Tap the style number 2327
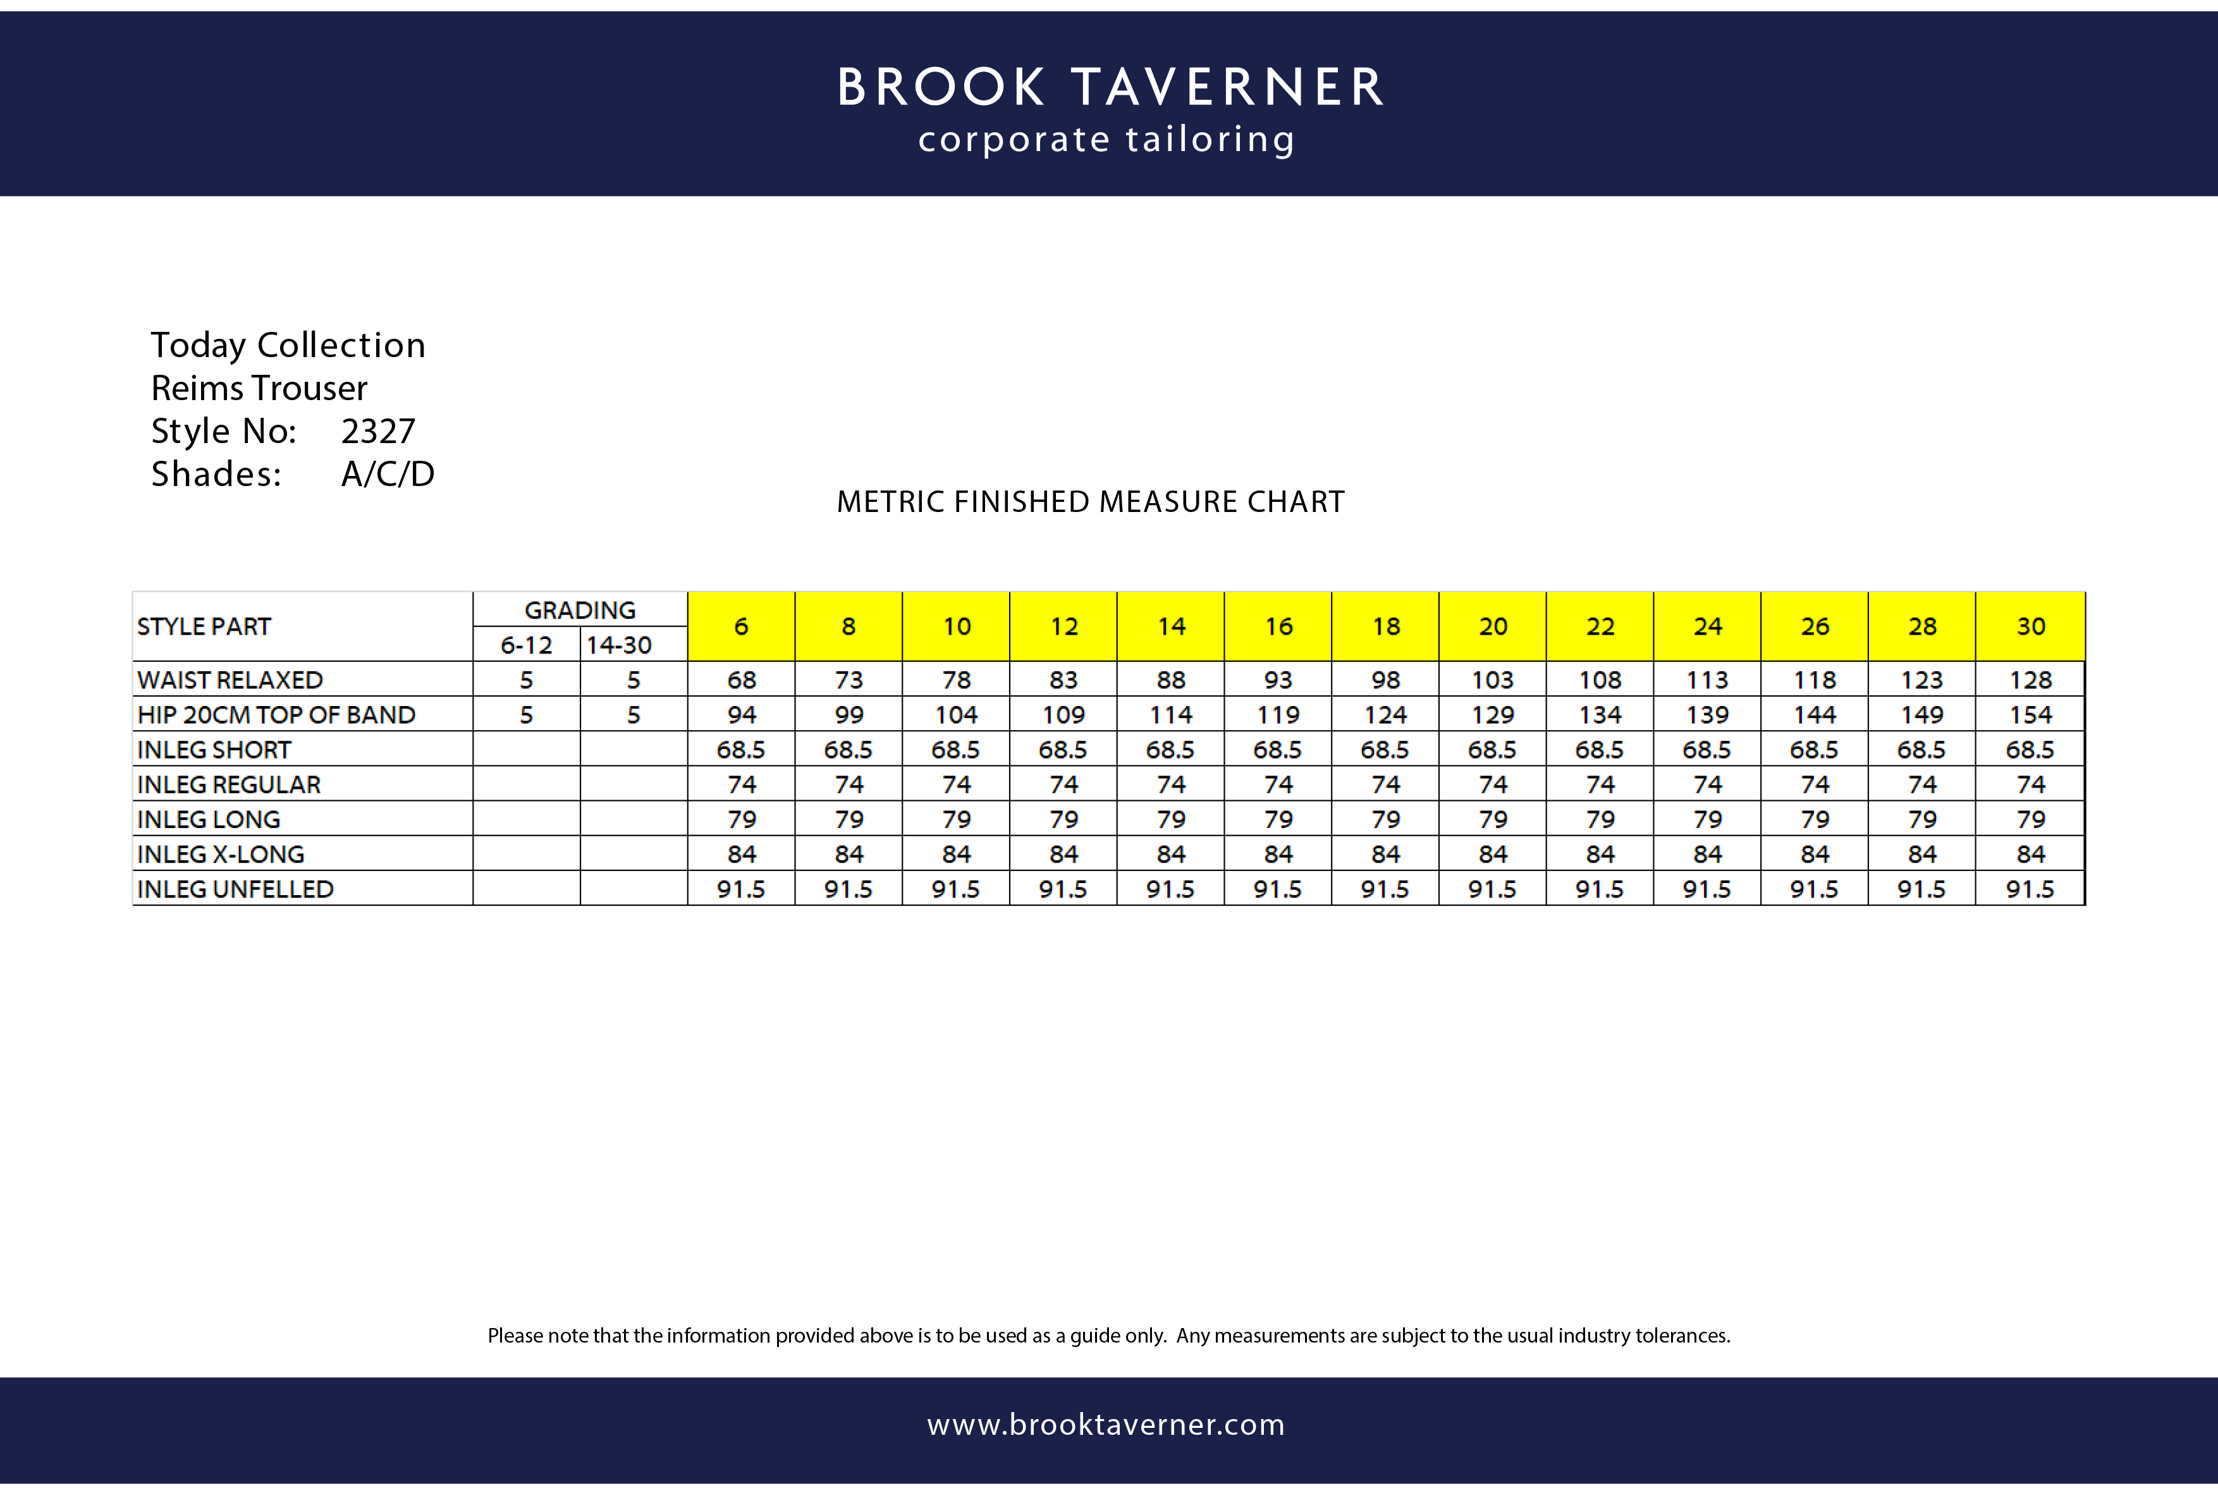(x=378, y=431)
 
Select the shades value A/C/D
(x=388, y=474)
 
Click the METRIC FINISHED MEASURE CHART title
(x=1091, y=502)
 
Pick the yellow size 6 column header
(x=741, y=626)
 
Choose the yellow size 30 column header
(x=2030, y=626)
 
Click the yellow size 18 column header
(x=1386, y=626)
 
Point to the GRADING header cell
(x=580, y=609)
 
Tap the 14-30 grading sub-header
(x=619, y=645)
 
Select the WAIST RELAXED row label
(x=231, y=680)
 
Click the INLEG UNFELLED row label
(x=235, y=889)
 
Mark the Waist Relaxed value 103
(x=1492, y=680)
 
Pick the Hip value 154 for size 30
(x=2030, y=715)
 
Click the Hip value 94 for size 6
(x=741, y=715)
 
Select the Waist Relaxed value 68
(x=741, y=680)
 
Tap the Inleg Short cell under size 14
(x=1170, y=750)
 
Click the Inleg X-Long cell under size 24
(x=1708, y=854)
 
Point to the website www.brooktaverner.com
(x=1106, y=1425)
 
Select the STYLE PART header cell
(x=205, y=626)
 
